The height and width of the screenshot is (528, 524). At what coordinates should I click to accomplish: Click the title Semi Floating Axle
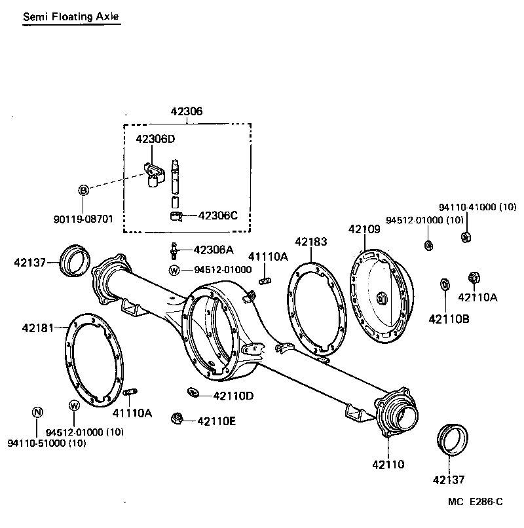click(x=71, y=16)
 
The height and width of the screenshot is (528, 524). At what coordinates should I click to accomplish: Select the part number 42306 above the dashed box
click(x=187, y=112)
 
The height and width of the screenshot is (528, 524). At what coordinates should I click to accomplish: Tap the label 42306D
click(x=155, y=139)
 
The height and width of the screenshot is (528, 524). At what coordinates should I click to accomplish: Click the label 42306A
click(x=213, y=250)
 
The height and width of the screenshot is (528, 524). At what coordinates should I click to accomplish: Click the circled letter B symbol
click(x=83, y=190)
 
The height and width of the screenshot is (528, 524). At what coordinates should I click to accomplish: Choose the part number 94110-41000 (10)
click(x=477, y=207)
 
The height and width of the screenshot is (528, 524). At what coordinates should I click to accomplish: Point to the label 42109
click(x=364, y=229)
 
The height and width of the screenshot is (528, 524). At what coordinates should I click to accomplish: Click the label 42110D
click(x=233, y=396)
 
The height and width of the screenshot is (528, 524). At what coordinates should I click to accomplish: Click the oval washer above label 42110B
click(x=445, y=284)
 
